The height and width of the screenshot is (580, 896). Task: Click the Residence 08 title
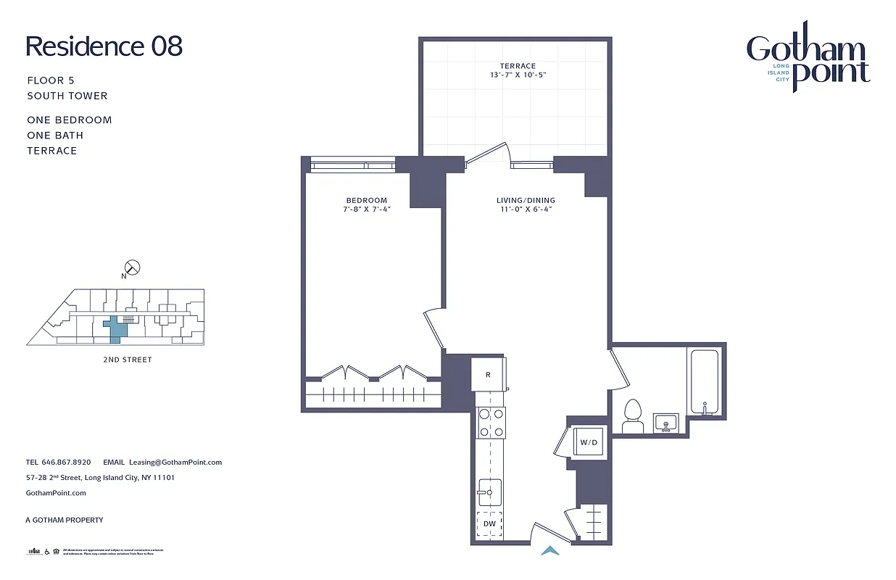click(104, 46)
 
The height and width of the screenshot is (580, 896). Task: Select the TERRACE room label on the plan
click(517, 66)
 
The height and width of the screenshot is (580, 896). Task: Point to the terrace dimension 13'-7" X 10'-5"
click(517, 75)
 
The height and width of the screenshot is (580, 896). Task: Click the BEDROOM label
click(366, 200)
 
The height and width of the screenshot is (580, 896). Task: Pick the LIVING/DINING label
click(526, 200)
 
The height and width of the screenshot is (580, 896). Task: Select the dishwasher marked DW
click(489, 523)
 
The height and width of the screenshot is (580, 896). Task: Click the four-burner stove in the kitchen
click(491, 423)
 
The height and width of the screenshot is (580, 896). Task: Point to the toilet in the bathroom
click(633, 417)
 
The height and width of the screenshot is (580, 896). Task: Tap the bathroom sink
click(665, 422)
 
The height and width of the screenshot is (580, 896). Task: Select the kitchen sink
click(489, 492)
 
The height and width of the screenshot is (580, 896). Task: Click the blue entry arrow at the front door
click(551, 551)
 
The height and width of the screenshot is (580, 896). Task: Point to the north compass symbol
click(133, 268)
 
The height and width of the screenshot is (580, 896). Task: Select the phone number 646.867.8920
click(66, 462)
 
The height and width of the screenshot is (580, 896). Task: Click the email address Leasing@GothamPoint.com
click(175, 462)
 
